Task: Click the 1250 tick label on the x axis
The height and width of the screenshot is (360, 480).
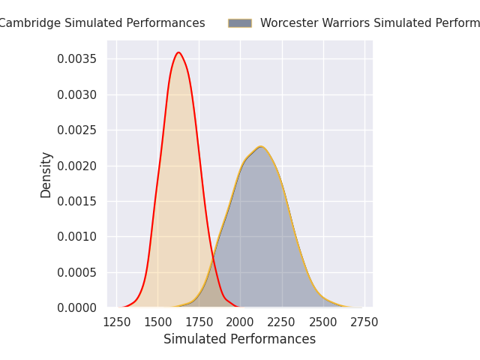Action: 116,322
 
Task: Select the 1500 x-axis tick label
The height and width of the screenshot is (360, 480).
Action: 157,322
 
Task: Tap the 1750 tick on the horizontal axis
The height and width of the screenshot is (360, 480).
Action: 199,322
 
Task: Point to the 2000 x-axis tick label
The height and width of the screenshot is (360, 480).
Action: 240,322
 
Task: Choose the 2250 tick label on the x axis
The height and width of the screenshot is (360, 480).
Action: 282,322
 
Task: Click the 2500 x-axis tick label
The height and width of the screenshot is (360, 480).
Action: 323,322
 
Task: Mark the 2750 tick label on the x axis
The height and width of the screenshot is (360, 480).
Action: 364,322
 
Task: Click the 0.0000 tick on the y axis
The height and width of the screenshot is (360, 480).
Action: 78,307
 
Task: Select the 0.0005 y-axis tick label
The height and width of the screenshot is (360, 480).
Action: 78,272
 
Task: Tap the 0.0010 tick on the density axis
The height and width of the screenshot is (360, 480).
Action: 78,236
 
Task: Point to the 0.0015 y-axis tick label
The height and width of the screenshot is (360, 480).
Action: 78,201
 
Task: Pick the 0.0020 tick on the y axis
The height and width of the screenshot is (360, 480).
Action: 78,166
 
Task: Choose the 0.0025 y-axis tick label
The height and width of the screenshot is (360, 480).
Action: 78,130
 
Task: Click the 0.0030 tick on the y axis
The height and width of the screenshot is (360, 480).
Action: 78,94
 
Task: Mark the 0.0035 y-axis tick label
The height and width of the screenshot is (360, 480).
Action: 78,58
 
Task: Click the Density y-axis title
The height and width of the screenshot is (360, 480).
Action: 46,174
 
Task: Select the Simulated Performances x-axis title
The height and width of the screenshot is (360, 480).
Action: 240,340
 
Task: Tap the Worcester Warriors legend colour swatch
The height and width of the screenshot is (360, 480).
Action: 240,23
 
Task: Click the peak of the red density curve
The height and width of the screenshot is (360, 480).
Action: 178,52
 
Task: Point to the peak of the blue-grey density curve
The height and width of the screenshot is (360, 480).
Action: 260,146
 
